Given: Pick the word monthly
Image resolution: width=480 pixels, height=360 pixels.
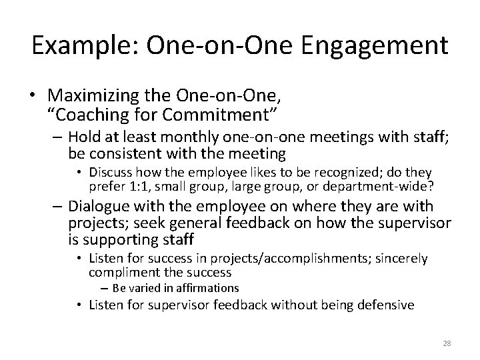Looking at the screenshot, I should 191,139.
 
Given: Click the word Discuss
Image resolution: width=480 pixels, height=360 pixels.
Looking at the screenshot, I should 118,173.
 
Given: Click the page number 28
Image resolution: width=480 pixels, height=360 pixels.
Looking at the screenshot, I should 446,343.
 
